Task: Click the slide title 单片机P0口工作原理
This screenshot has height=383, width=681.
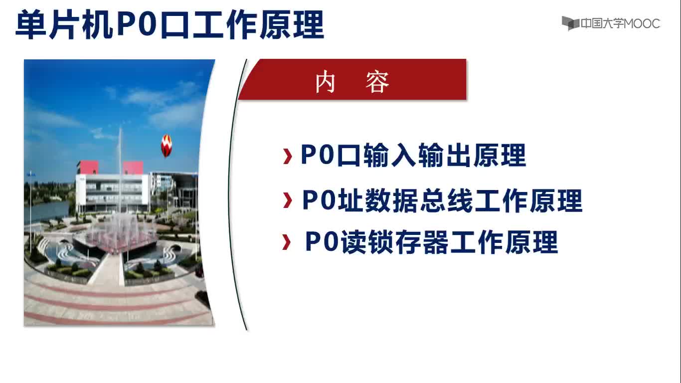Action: [x=170, y=24]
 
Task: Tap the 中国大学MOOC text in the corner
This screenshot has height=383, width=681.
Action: [x=620, y=23]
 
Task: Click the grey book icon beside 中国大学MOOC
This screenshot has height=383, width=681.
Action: [x=570, y=23]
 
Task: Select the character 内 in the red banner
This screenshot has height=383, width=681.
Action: [x=326, y=82]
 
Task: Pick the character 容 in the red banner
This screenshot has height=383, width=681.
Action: [x=377, y=82]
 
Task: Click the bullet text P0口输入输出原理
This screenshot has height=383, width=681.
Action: [x=413, y=155]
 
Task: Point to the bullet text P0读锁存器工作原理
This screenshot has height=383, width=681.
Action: [x=431, y=242]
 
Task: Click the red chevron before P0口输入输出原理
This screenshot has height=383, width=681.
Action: [x=287, y=157]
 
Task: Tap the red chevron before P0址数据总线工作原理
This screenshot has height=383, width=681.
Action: [x=287, y=200]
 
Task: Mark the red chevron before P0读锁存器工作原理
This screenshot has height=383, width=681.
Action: [x=286, y=242]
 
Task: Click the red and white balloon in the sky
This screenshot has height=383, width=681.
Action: [x=167, y=146]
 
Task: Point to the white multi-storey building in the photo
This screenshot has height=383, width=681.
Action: [x=113, y=191]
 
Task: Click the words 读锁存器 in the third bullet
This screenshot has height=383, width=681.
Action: [x=394, y=242]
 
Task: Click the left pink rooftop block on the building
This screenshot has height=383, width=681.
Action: [x=87, y=168]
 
